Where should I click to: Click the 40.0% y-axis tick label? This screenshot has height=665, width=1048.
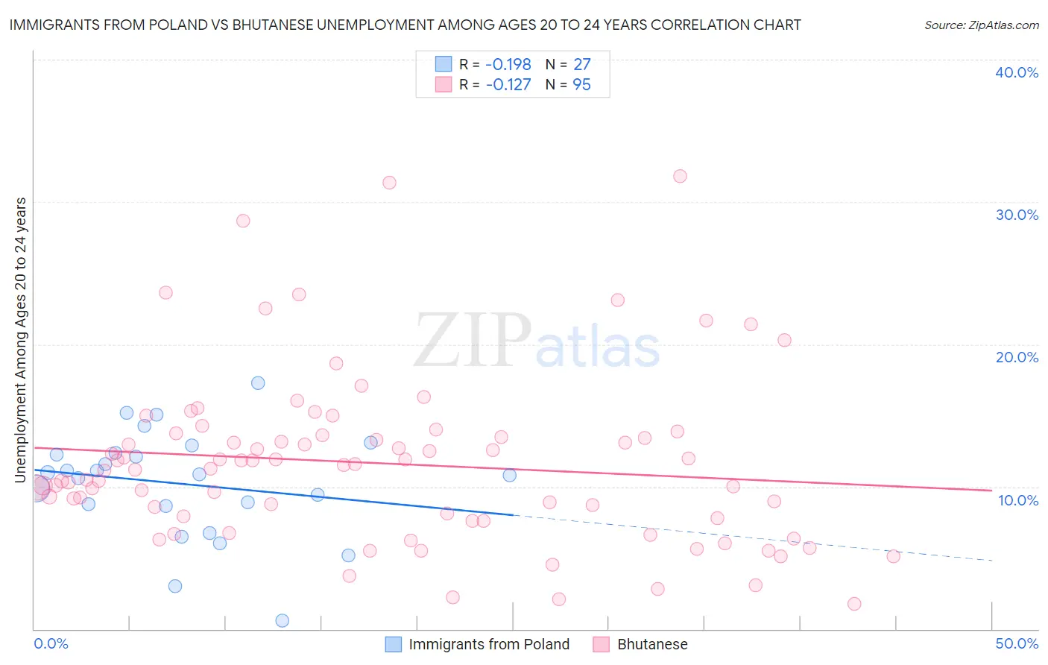click(1017, 72)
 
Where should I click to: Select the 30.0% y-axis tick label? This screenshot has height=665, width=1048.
click(1017, 215)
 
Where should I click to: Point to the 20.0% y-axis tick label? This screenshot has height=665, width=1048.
click(1017, 357)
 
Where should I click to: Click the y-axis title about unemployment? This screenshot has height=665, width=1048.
click(20, 339)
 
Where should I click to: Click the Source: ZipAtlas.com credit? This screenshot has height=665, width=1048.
click(981, 25)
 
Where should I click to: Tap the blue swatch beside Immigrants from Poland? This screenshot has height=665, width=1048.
click(393, 644)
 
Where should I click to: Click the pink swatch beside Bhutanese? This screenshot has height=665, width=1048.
click(602, 644)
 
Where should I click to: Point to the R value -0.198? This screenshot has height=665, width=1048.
click(508, 64)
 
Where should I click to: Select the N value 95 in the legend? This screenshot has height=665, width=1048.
click(581, 85)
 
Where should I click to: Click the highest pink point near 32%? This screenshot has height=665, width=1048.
click(680, 177)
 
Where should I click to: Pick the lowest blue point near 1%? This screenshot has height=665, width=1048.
click(282, 620)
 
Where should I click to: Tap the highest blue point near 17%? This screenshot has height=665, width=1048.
click(258, 383)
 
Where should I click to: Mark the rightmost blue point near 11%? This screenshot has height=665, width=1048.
click(510, 475)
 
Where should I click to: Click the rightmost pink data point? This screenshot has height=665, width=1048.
click(893, 556)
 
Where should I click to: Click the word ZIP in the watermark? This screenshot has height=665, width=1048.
click(473, 341)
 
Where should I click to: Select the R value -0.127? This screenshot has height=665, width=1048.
click(508, 85)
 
